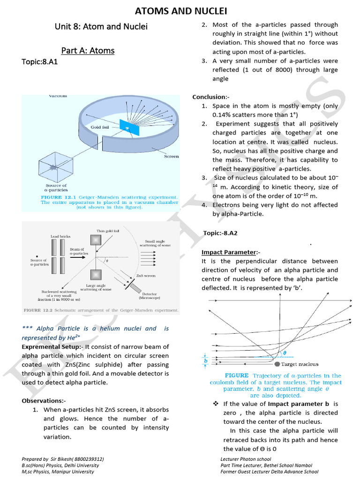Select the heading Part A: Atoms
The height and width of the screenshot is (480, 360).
pyautogui.click(x=88, y=50)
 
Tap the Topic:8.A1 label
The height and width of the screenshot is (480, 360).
pyautogui.click(x=39, y=62)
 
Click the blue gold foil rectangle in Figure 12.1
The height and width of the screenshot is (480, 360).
pyautogui.click(x=126, y=126)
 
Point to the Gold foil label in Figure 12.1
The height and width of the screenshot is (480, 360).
pyautogui.click(x=101, y=127)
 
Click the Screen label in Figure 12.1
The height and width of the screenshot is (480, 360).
pyautogui.click(x=171, y=156)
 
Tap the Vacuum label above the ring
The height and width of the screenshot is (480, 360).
pyautogui.click(x=58, y=96)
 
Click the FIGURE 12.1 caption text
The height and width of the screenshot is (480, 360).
pyautogui.click(x=109, y=202)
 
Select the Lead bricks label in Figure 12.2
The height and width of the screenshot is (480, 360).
pyautogui.click(x=61, y=236)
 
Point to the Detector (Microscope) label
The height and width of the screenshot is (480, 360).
pyautogui.click(x=149, y=295)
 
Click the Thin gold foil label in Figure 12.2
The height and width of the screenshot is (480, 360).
pyautogui.click(x=108, y=231)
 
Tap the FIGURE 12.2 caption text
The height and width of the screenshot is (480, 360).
pyautogui.click(x=101, y=310)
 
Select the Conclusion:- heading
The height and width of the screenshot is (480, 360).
pyautogui.click(x=209, y=97)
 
